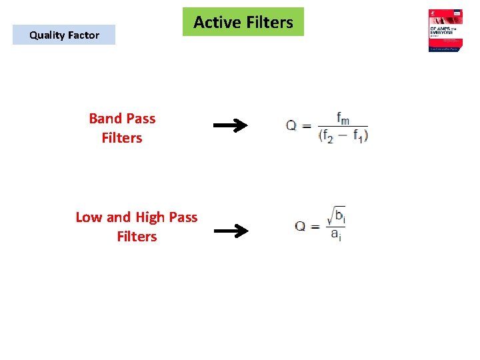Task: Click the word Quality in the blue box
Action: click(48, 35)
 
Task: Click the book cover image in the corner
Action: click(447, 31)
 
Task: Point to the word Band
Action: click(105, 119)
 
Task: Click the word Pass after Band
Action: click(140, 119)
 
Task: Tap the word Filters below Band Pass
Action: click(122, 138)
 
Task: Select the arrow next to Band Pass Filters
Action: click(230, 125)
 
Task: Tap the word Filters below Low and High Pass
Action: click(137, 237)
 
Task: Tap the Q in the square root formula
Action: click(301, 226)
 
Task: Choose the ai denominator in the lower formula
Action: click(335, 234)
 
